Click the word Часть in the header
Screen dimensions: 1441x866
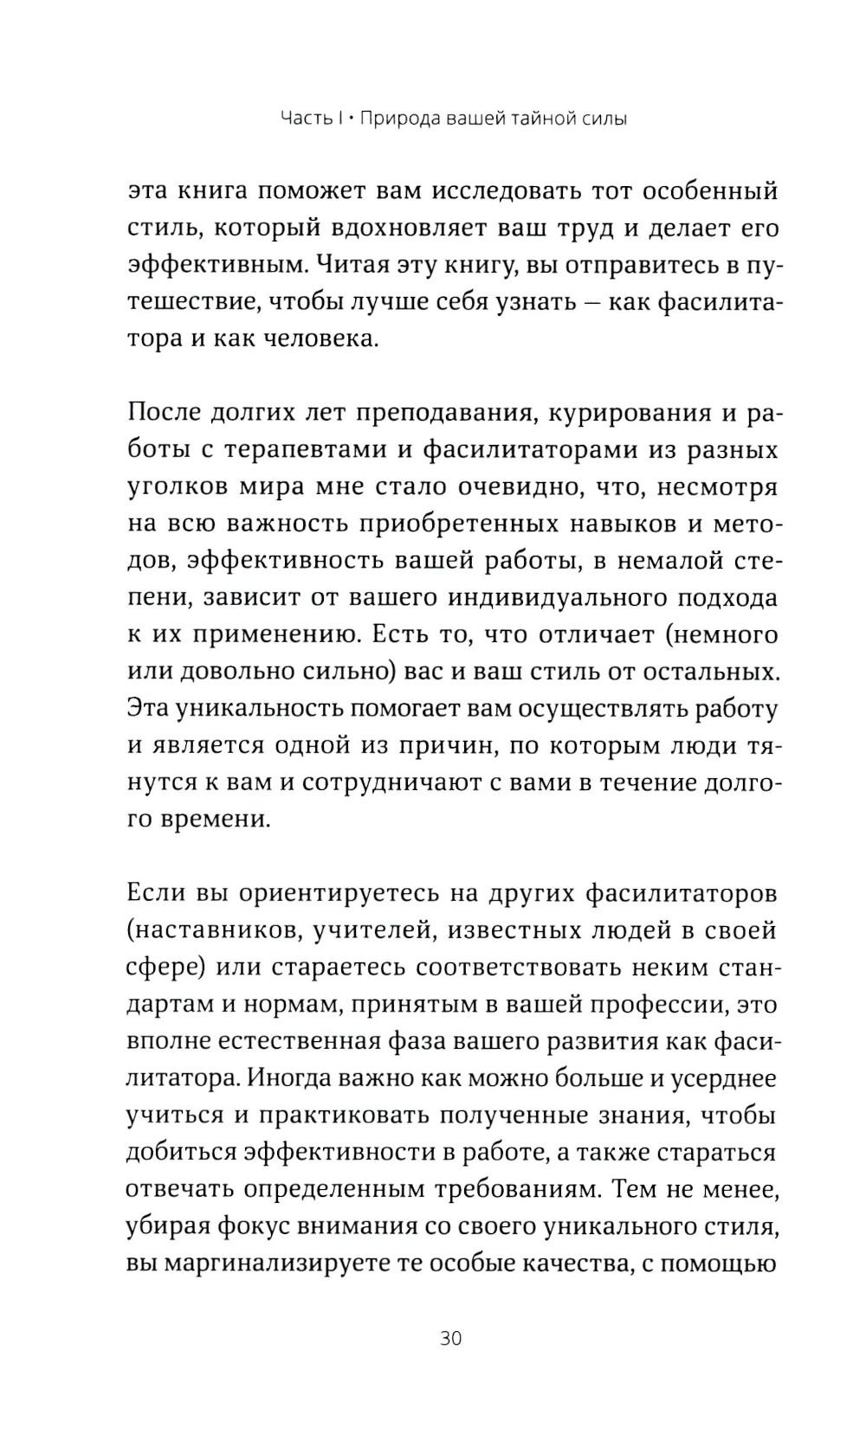305,119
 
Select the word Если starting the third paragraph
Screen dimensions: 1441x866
153,892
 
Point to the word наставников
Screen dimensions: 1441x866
210,930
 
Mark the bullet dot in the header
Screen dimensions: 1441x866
350,119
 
